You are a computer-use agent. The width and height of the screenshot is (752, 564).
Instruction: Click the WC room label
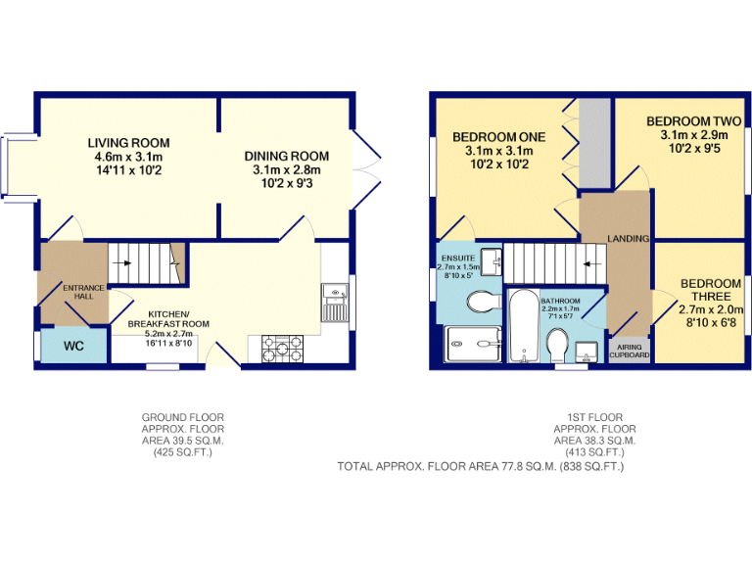73,347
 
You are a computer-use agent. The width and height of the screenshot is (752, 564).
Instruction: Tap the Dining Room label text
286,156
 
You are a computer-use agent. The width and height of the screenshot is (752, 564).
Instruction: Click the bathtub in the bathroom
523,327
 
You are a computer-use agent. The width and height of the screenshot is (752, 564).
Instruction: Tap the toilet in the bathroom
557,346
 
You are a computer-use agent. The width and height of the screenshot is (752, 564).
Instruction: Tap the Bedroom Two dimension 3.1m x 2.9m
693,135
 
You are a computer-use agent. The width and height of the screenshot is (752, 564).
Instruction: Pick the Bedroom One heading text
497,136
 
